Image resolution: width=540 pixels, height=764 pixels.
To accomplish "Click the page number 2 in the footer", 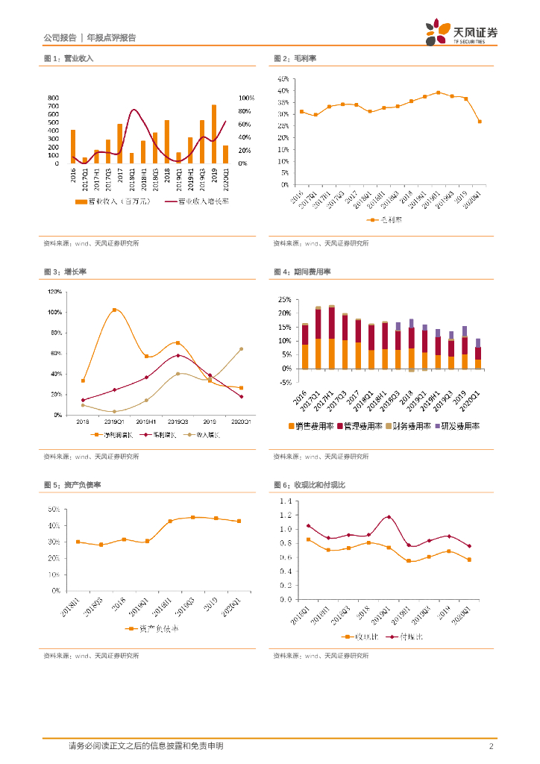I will tap(491, 746).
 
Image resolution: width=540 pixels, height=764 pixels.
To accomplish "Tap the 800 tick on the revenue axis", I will tap(53, 98).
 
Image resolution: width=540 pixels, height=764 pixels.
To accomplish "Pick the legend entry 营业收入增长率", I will tap(198, 201).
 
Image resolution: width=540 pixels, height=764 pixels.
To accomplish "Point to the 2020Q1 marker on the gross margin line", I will tap(479, 122).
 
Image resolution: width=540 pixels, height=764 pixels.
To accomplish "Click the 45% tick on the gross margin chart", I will tap(283, 78).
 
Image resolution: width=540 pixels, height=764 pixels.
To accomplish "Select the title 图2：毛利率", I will tap(295, 58).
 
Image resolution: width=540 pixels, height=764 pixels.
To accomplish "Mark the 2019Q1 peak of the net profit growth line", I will tap(114, 310).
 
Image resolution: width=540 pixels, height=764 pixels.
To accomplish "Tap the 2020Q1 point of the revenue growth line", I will tap(241, 348).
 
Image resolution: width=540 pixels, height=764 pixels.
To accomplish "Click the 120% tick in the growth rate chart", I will tap(54, 291).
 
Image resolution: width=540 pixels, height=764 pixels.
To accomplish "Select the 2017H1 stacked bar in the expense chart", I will tap(332, 337).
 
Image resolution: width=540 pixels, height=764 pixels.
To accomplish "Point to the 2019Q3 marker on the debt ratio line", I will tap(192, 517).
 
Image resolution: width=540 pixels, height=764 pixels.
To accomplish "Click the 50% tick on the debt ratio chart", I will tap(54, 510).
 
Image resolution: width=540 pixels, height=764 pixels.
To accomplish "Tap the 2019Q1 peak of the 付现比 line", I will tap(389, 517).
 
